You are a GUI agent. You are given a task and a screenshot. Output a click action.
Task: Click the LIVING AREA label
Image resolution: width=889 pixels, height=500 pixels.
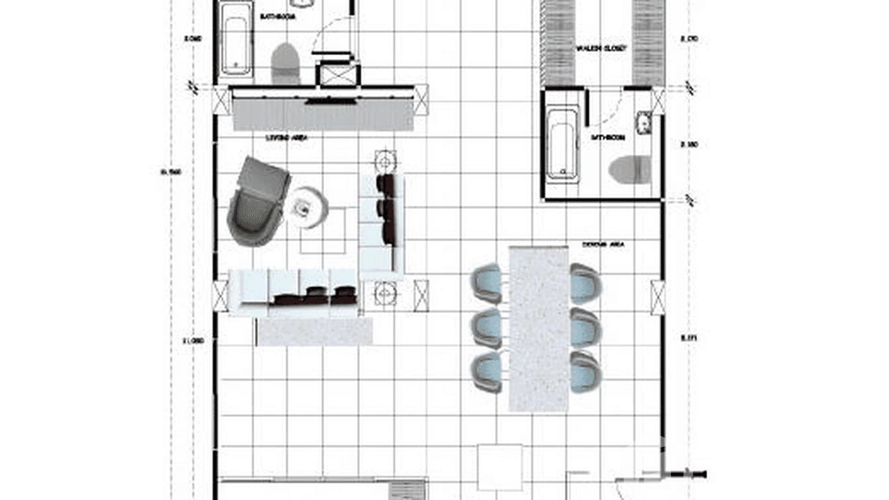pyautogui.click(x=285, y=138)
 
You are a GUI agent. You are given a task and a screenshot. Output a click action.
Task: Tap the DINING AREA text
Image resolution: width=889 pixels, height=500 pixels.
pyautogui.click(x=603, y=245)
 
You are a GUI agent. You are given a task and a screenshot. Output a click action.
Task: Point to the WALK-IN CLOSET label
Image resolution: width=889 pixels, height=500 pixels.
pyautogui.click(x=601, y=48)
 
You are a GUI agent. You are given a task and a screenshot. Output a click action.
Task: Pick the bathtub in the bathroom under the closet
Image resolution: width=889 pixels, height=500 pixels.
pyautogui.click(x=563, y=145)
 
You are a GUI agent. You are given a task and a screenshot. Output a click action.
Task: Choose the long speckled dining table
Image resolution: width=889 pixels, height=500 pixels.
pyautogui.click(x=539, y=328)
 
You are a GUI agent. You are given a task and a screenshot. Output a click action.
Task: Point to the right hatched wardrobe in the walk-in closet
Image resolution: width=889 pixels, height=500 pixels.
pyautogui.click(x=649, y=42)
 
